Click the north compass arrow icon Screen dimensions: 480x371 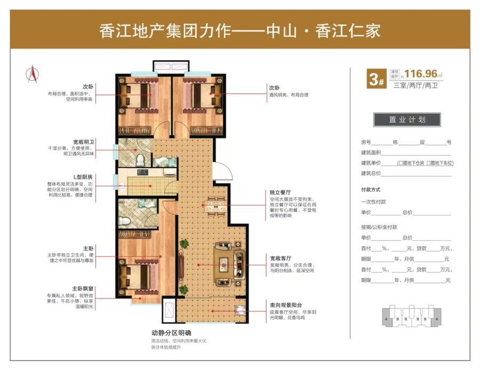point(33,74)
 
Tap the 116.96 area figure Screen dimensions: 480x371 point(421,74)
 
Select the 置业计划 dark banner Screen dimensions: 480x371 point(407,119)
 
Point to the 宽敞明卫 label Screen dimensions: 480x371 point(84,142)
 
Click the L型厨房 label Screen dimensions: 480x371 point(83,177)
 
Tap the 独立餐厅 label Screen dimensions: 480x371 point(280,192)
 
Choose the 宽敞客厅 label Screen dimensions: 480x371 point(281,258)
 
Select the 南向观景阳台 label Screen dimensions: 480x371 point(286,305)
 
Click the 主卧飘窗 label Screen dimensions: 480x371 point(83,288)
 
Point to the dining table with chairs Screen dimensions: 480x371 point(216,205)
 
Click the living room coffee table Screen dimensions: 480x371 point(224,264)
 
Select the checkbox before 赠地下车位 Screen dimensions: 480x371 point(429,163)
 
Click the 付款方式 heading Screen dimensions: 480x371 point(371,190)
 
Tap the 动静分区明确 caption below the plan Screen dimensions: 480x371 point(171,333)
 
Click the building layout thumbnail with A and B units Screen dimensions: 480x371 point(412,316)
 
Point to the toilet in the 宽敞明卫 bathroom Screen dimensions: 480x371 point(140,160)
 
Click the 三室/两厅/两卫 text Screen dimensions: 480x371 point(415,85)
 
